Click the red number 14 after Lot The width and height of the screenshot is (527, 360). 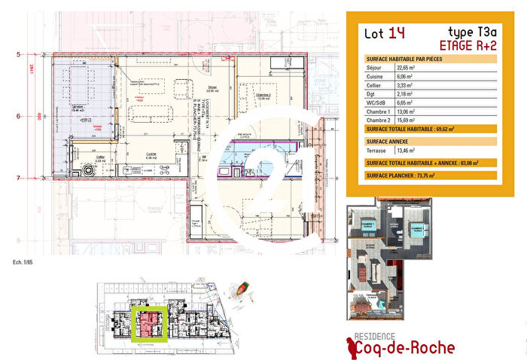[x=396, y=33]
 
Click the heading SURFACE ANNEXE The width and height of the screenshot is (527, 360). [x=389, y=140]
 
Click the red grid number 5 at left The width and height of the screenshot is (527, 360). [x=18, y=54]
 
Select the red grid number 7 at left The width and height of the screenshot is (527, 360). [x=18, y=177]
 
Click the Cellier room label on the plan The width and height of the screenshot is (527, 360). [x=100, y=157]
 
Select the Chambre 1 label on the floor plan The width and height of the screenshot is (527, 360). [x=262, y=95]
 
